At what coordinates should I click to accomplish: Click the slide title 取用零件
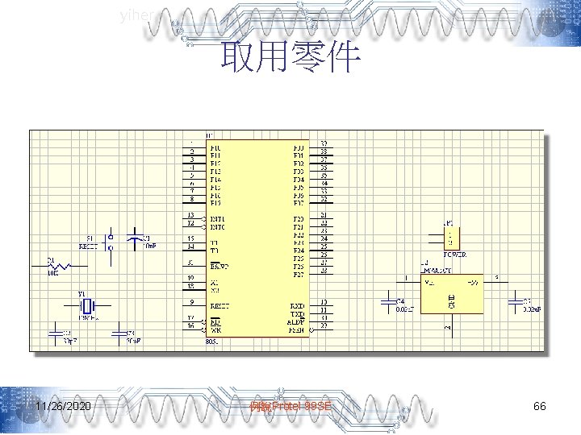click(290, 57)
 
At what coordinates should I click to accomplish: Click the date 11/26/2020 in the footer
click(63, 407)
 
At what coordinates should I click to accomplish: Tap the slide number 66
click(540, 407)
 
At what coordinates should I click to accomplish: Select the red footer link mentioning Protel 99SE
click(290, 408)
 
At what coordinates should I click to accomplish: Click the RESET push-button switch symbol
click(111, 242)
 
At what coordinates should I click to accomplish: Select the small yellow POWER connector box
click(452, 237)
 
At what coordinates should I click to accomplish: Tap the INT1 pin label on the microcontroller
click(219, 218)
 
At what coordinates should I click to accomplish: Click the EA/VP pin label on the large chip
click(219, 265)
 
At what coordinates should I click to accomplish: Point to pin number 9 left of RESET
click(191, 302)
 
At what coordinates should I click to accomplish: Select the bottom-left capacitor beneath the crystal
click(56, 332)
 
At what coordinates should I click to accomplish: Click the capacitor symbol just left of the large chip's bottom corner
click(121, 332)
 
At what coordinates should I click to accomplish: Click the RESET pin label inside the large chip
click(220, 306)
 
